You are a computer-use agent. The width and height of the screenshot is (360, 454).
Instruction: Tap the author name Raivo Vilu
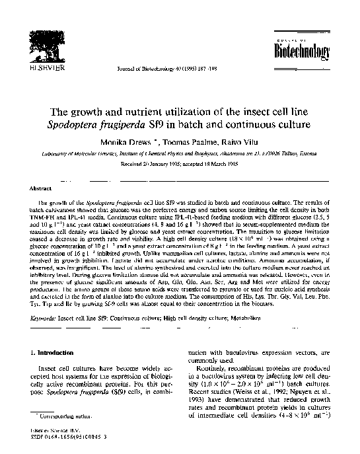(231, 143)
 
